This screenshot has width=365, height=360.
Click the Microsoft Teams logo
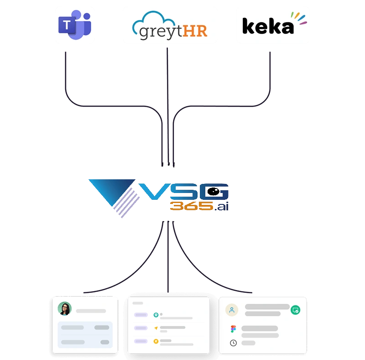point(74,24)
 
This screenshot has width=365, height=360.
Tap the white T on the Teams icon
point(68,26)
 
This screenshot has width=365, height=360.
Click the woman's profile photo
point(64,309)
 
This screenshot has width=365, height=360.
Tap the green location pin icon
point(156,315)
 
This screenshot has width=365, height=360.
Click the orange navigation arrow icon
point(156,328)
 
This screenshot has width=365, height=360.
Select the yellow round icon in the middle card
point(156,340)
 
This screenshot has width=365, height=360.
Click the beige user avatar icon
point(232,310)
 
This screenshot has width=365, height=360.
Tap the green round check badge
point(295,310)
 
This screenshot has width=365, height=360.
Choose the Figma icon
point(233,329)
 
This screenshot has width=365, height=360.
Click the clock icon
point(233,343)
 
